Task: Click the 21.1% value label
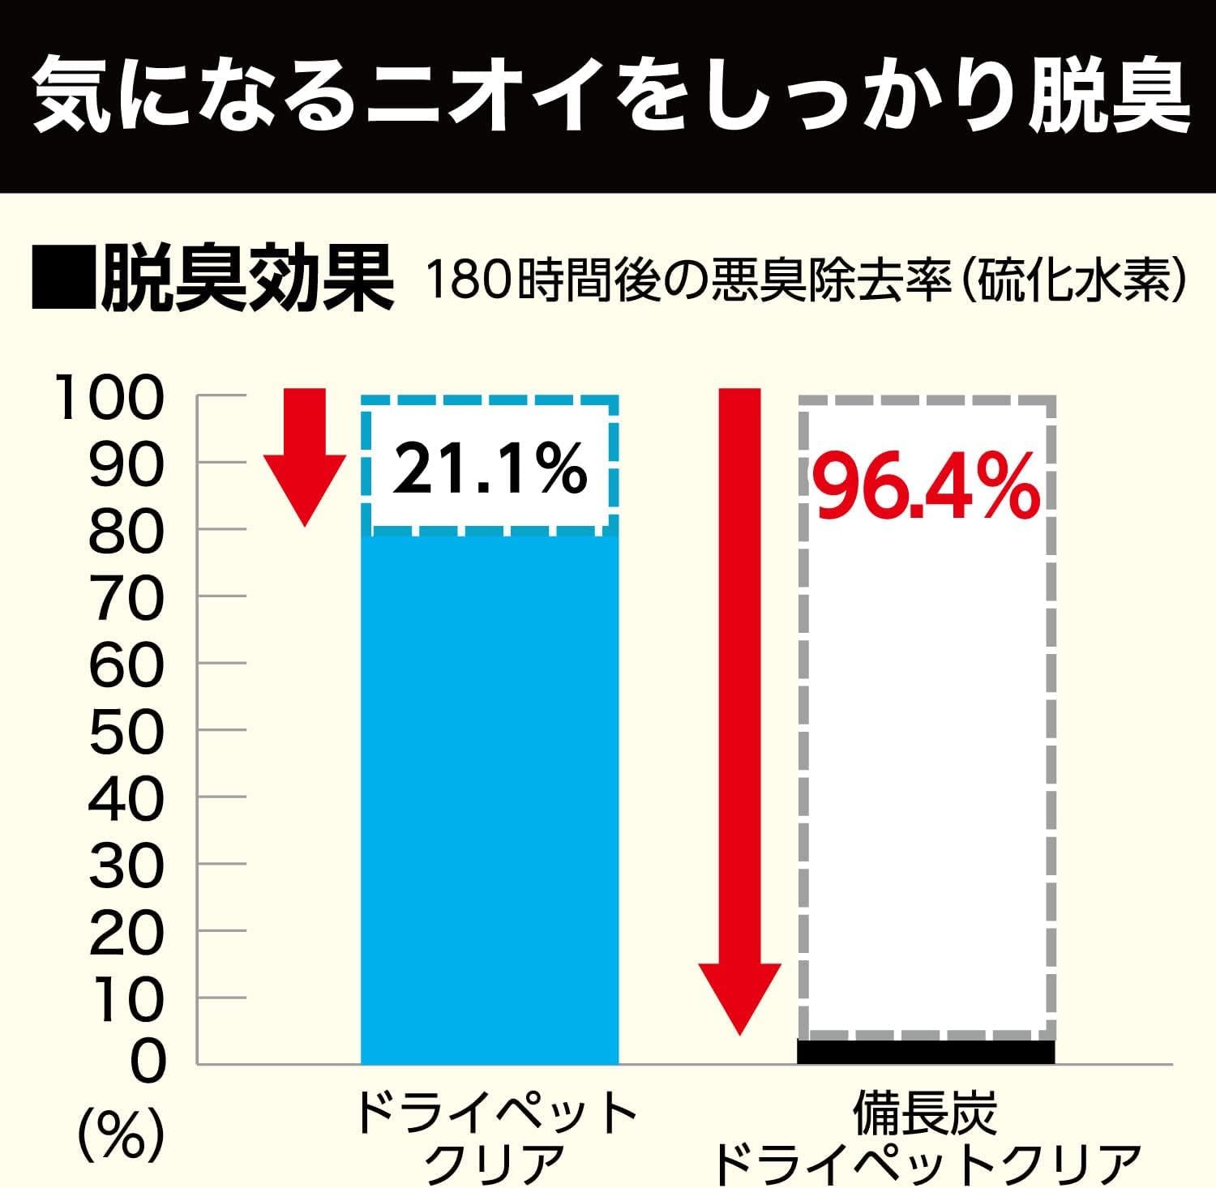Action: point(490,469)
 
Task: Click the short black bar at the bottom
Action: point(926,1051)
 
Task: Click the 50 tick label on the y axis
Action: point(126,732)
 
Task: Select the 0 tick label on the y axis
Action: point(146,1062)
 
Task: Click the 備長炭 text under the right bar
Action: point(925,1113)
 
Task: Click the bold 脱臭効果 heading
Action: point(247,280)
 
